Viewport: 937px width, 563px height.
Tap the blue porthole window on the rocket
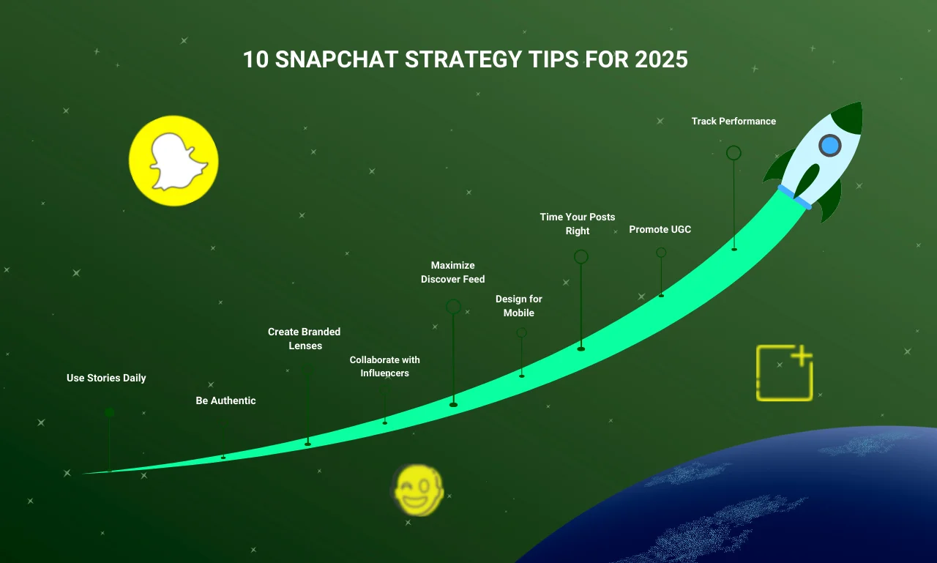[830, 146]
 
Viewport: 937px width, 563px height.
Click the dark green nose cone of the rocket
[849, 118]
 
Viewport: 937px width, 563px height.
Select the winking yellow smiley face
[418, 489]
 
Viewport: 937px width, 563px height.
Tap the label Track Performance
[733, 122]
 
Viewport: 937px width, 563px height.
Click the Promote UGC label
[660, 229]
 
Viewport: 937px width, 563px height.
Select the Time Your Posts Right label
[578, 224]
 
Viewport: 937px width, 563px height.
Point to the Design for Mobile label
[519, 306]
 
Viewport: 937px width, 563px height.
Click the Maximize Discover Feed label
[452, 272]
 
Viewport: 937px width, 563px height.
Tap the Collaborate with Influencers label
[384, 366]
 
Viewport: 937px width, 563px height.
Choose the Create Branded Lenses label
[304, 339]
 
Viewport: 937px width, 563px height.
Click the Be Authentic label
[225, 400]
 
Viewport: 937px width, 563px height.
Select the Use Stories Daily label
[106, 378]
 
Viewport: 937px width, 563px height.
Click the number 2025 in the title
[661, 59]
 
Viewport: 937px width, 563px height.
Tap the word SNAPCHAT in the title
[336, 59]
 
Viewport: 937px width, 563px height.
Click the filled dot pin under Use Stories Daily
[109, 412]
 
